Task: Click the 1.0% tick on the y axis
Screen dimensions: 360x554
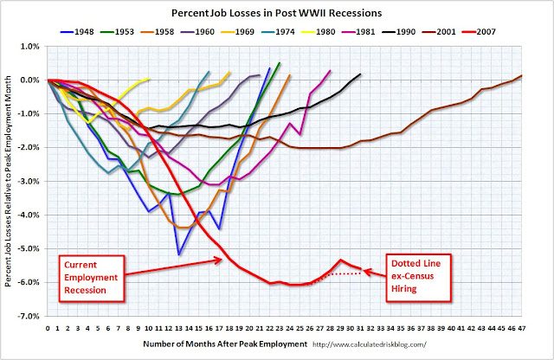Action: (x=33, y=46)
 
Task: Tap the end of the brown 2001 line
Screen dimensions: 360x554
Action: (x=522, y=75)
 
